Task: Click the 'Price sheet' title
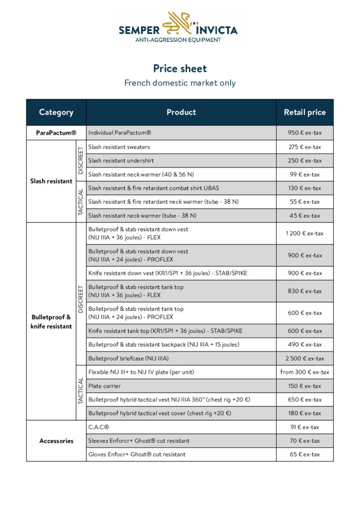click(x=180, y=69)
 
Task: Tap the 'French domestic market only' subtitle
click(x=180, y=83)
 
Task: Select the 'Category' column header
click(x=56, y=112)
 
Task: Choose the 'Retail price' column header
click(x=305, y=112)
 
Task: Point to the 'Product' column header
click(x=181, y=112)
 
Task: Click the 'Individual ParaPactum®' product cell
click(x=120, y=133)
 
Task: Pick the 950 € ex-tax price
click(x=304, y=133)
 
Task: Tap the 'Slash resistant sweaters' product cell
click(x=119, y=147)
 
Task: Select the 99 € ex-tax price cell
click(x=304, y=174)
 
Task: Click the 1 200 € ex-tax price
click(x=304, y=233)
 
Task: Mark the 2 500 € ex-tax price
click(x=304, y=358)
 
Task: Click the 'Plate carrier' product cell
click(x=104, y=386)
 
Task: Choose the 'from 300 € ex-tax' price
click(x=304, y=372)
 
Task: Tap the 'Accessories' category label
click(x=56, y=441)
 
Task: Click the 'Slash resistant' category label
click(x=51, y=181)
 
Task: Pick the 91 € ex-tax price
click(x=304, y=427)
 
